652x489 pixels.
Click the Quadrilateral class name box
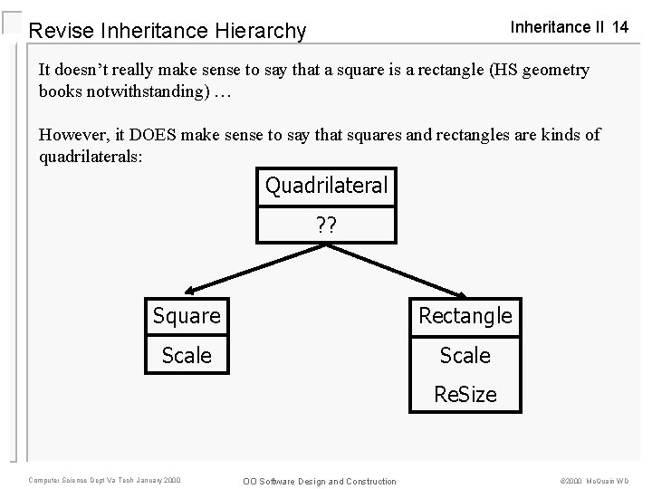(326, 187)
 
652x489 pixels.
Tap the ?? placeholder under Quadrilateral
(326, 225)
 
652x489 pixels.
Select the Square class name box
(187, 316)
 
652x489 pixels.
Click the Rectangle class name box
(465, 316)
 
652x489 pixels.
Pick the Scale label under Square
(187, 356)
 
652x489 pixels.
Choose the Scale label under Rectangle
(465, 356)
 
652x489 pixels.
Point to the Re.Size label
(465, 395)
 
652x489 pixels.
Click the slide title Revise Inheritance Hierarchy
(168, 32)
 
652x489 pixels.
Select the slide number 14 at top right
(619, 27)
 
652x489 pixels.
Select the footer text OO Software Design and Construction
(319, 480)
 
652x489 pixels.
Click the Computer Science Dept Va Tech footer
(104, 479)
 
